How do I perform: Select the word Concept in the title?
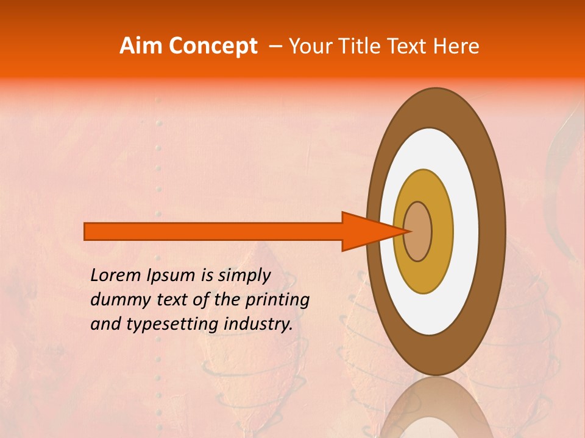click(x=213, y=46)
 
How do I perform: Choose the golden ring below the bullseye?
click(x=423, y=277)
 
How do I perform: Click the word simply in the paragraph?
click(x=244, y=276)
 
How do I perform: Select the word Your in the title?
click(x=307, y=46)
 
